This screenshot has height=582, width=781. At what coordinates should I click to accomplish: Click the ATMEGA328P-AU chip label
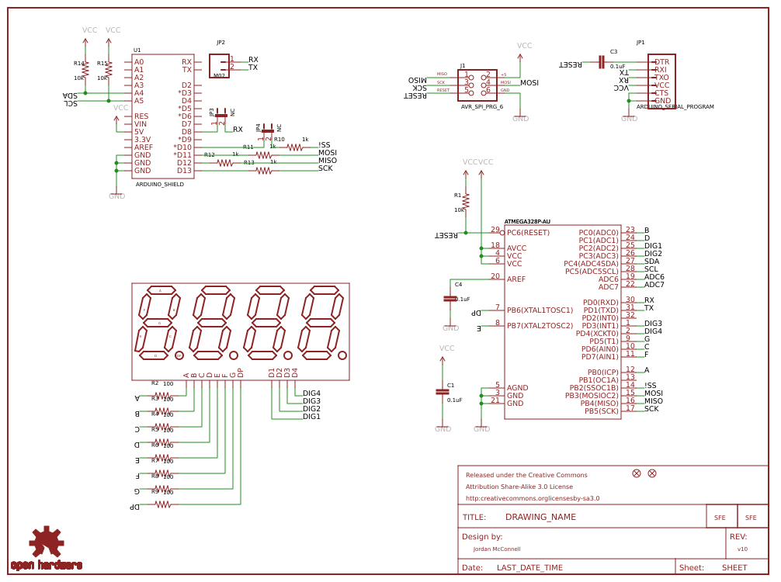pyautogui.click(x=527, y=221)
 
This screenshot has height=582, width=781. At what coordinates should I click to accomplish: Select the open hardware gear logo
pyautogui.click(x=46, y=543)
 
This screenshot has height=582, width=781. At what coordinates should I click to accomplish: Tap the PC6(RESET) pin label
pyautogui.click(x=528, y=232)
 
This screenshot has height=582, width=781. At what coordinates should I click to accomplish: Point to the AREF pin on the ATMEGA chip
pyautogui.click(x=516, y=279)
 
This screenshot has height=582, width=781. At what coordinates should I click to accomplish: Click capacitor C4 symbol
pyautogui.click(x=450, y=299)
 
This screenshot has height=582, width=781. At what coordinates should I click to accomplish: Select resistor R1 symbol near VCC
pyautogui.click(x=466, y=201)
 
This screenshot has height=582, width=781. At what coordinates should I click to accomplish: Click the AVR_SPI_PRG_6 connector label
pyautogui.click(x=481, y=107)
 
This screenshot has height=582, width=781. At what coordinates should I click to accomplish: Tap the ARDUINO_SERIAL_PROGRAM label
pyautogui.click(x=675, y=106)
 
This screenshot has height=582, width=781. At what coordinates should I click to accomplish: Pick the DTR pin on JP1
pyautogui.click(x=661, y=62)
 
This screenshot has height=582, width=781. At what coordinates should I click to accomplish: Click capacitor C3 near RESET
pyautogui.click(x=602, y=62)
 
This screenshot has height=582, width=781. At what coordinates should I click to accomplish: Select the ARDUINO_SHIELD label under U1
pyautogui.click(x=159, y=185)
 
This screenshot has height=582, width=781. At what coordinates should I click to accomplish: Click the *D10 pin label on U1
pyautogui.click(x=183, y=147)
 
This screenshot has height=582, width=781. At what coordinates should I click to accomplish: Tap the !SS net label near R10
pyautogui.click(x=324, y=145)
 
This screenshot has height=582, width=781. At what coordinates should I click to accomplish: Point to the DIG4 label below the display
pyautogui.click(x=311, y=393)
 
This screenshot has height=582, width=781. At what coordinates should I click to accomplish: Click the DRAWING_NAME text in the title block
pyautogui.click(x=540, y=517)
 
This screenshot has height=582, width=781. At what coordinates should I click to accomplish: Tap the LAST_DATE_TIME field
pyautogui.click(x=529, y=567)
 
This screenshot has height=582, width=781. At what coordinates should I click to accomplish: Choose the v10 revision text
pyautogui.click(x=742, y=549)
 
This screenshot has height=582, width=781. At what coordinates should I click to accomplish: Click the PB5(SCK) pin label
pyautogui.click(x=602, y=411)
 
